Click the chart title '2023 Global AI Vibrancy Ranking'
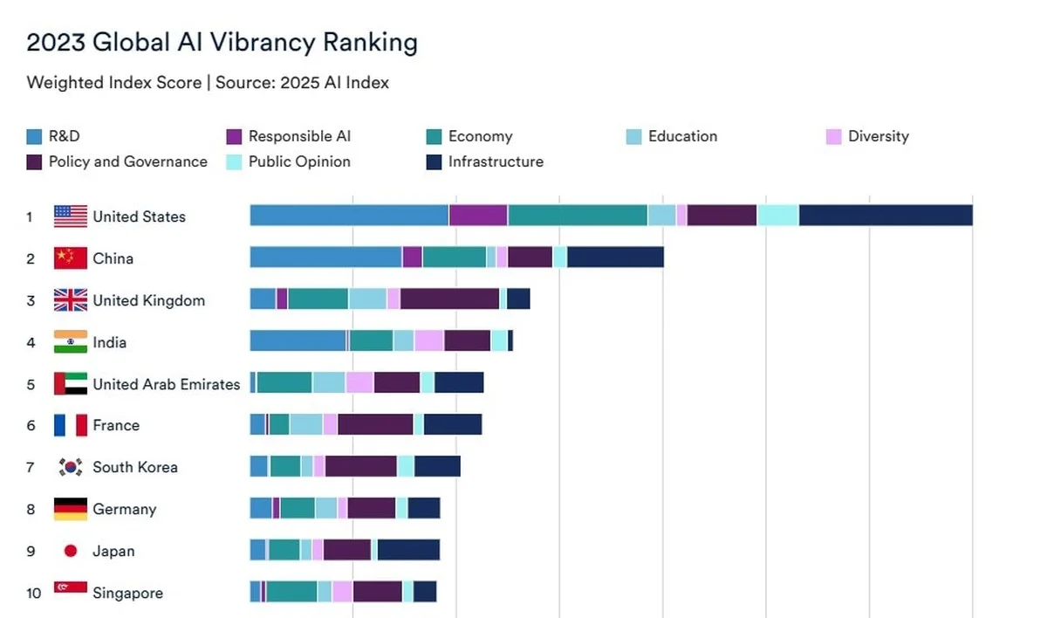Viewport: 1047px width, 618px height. [x=222, y=42]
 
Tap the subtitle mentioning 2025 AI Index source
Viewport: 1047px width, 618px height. [x=208, y=83]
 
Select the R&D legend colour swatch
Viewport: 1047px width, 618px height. [x=34, y=137]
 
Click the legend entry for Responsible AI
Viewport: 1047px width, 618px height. [x=299, y=136]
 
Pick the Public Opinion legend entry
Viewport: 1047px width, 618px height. [x=299, y=161]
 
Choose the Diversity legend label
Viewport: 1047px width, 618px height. [x=878, y=136]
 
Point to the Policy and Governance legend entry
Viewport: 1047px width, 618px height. [x=127, y=161]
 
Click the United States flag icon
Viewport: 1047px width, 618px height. [x=71, y=216]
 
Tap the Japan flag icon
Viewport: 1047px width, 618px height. [x=71, y=551]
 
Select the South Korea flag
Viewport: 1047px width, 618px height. [x=71, y=467]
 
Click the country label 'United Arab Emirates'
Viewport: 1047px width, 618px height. [x=166, y=384]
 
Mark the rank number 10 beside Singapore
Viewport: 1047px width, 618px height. [x=33, y=594]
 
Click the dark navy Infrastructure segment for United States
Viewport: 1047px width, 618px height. [x=885, y=216]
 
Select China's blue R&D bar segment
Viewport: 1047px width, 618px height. [x=325, y=257]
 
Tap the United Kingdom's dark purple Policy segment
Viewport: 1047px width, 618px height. [x=449, y=299]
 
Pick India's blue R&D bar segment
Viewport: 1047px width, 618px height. [x=298, y=341]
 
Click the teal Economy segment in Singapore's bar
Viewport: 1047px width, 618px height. [x=291, y=592]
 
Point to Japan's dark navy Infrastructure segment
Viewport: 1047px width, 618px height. [x=408, y=550]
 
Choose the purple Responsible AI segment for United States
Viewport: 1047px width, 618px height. [x=478, y=216]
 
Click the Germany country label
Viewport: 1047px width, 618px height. [x=125, y=509]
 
